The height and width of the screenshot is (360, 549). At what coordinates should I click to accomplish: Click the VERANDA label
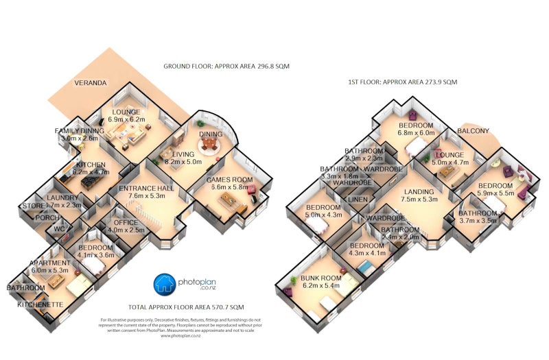(x=90, y=83)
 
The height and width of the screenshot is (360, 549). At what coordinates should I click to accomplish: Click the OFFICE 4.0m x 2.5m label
(x=125, y=226)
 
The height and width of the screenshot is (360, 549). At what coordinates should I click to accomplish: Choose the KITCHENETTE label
(x=39, y=304)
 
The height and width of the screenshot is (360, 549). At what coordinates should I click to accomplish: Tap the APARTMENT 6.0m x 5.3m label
(x=50, y=267)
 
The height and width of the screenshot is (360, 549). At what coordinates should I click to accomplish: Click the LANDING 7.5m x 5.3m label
(x=419, y=195)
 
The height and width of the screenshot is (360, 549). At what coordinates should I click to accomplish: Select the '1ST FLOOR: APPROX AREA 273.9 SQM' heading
(x=402, y=82)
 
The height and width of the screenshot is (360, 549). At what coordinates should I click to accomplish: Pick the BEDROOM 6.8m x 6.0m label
(x=415, y=130)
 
